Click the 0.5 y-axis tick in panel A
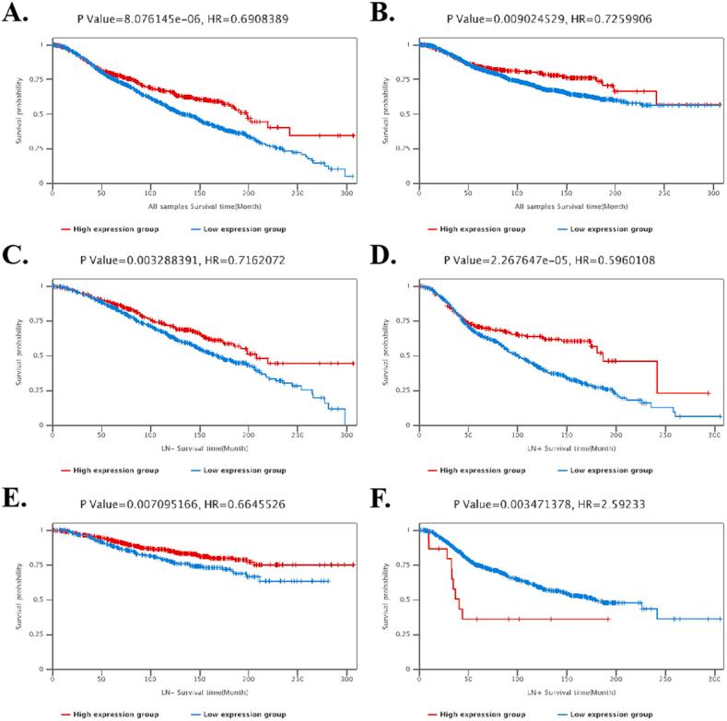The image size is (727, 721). click(x=41, y=113)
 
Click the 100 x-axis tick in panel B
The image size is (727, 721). click(x=517, y=191)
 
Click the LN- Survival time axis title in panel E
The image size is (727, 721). click(x=198, y=691)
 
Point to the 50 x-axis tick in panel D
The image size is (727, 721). click(x=468, y=434)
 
